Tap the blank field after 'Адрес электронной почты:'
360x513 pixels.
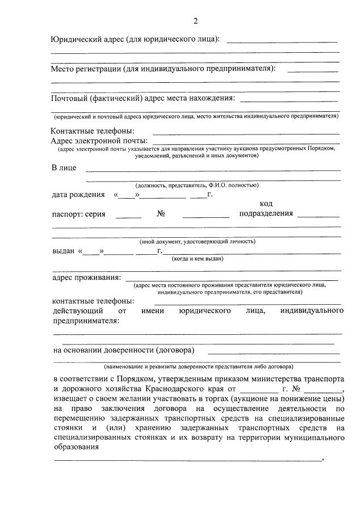coord(246,142)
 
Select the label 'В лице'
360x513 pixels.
coord(64,168)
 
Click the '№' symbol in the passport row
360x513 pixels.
coord(161,214)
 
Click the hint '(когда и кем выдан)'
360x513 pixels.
coord(198,259)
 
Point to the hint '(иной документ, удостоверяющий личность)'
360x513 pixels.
coord(198,241)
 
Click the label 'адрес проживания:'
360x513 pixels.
coord(86,277)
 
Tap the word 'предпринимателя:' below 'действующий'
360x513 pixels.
coord(86,321)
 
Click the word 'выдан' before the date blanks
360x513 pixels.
coord(64,250)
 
